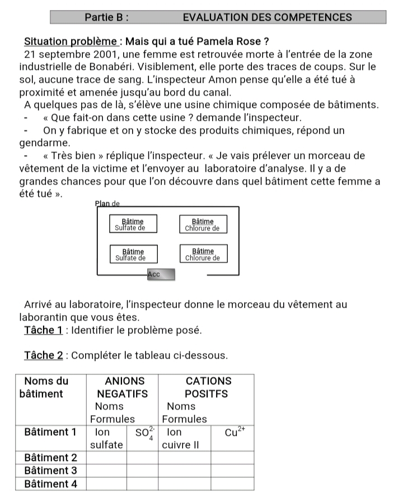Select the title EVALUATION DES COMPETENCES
point(267,17)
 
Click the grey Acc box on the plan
point(161,274)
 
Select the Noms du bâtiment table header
point(47,387)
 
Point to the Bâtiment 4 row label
point(50,483)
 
